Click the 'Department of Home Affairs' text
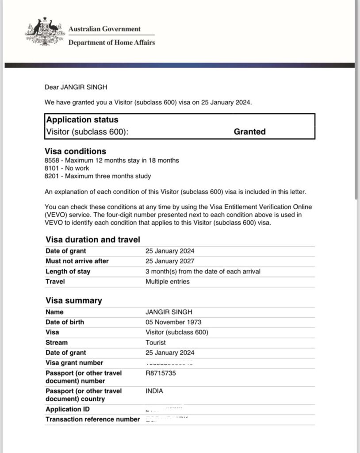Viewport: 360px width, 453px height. pyautogui.click(x=111, y=42)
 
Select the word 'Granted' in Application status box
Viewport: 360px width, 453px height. pyautogui.click(x=249, y=131)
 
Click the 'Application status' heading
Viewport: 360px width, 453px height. pyautogui.click(x=82, y=120)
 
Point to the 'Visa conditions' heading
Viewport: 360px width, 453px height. pyautogui.click(x=75, y=151)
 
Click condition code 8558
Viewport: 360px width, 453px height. pyautogui.click(x=52, y=160)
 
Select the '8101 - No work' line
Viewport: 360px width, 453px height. pyautogui.click(x=67, y=168)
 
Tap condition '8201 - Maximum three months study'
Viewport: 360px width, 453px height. pyautogui.click(x=98, y=176)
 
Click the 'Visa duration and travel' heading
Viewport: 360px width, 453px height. pyautogui.click(x=93, y=240)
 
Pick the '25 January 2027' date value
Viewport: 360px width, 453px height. pyautogui.click(x=170, y=261)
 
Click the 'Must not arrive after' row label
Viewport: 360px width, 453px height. pyautogui.click(x=77, y=261)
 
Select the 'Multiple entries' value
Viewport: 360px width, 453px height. pyautogui.click(x=168, y=281)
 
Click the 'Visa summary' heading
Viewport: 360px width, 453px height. pyautogui.click(x=74, y=301)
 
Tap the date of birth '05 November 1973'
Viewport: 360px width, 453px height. pyautogui.click(x=173, y=322)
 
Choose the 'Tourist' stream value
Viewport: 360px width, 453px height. pyautogui.click(x=156, y=342)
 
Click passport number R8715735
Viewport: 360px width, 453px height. pyautogui.click(x=161, y=373)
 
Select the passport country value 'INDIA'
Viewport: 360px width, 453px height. pyautogui.click(x=154, y=391)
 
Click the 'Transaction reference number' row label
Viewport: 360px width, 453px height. pyautogui.click(x=92, y=419)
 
